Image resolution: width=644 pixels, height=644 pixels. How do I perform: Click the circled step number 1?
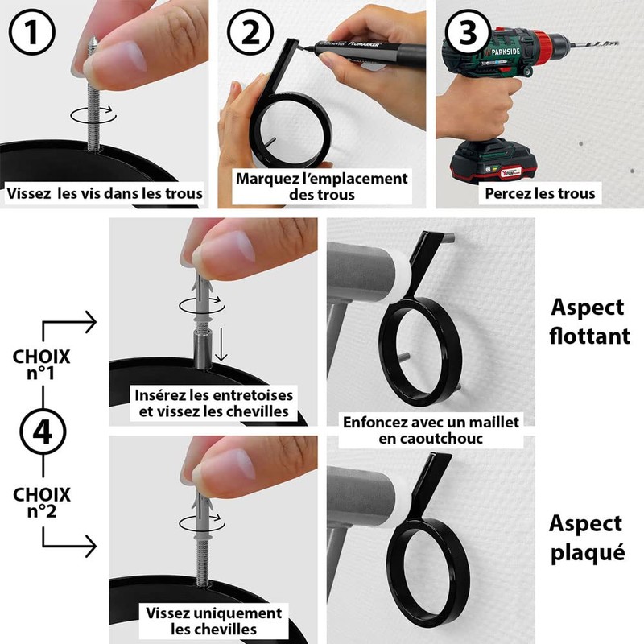pos(32,32)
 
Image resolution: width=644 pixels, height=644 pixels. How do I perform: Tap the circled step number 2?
pos(250,32)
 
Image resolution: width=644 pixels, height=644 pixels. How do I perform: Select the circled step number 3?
pos(468,32)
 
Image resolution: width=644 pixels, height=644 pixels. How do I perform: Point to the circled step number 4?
pos(43,431)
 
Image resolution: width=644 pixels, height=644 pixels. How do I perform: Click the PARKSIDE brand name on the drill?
pos(505,52)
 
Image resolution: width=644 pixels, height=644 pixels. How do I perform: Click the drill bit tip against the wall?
pos(616,43)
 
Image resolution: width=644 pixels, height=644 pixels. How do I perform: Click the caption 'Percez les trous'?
pos(539,193)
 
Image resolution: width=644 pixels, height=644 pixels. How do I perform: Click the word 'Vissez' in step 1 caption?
pos(29,193)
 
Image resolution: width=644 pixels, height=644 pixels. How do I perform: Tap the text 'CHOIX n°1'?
pos(42,365)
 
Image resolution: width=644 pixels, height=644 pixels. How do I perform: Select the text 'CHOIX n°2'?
pos(42,502)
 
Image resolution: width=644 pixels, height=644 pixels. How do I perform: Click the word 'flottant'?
pos(589,336)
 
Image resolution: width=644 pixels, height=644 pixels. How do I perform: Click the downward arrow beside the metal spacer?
pos(221,345)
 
